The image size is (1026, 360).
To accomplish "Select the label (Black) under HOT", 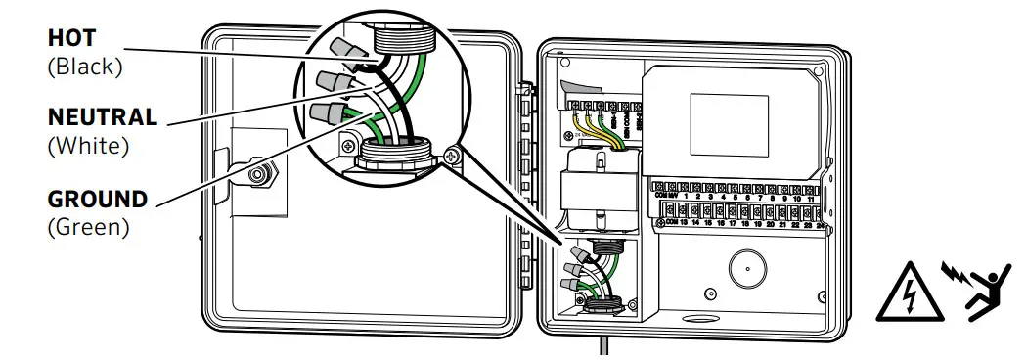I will [x=84, y=68].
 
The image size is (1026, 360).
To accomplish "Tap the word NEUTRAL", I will [x=103, y=117].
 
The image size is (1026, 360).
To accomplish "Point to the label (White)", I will [x=88, y=146].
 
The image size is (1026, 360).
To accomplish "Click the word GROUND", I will [x=98, y=200].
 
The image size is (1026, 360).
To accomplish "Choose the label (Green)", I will [x=88, y=228].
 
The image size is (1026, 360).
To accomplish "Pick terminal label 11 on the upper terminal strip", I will [x=811, y=199].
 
